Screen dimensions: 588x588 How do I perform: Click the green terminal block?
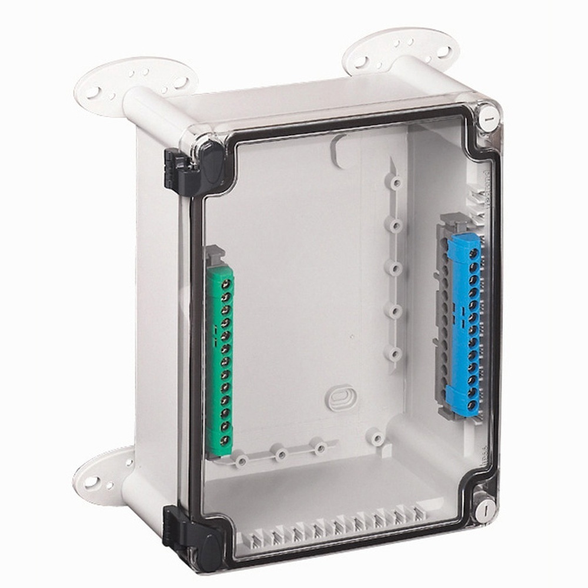pyautogui.click(x=220, y=359)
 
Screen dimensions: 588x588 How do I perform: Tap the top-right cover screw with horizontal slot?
pyautogui.click(x=487, y=116)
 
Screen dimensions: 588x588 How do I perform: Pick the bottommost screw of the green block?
pyautogui.click(x=223, y=440)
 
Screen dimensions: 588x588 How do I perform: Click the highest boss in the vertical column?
pyautogui.click(x=396, y=182)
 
